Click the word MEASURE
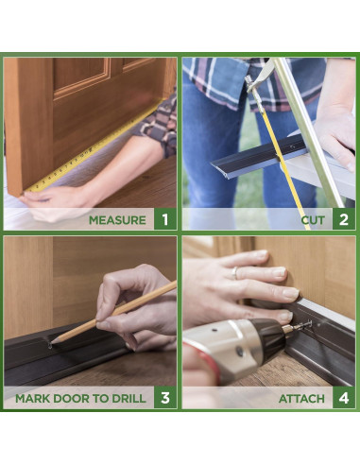coord(117,220)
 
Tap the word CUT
coord(313,220)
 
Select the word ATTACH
coord(301,399)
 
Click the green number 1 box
coord(165,219)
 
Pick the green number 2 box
coord(344,219)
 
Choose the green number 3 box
coord(165,398)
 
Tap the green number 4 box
coord(344,398)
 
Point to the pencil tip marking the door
coord(51,344)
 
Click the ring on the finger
coord(235,272)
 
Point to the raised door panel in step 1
coord(81,75)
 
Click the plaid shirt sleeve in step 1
coord(158,126)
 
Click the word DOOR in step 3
coord(71,398)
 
